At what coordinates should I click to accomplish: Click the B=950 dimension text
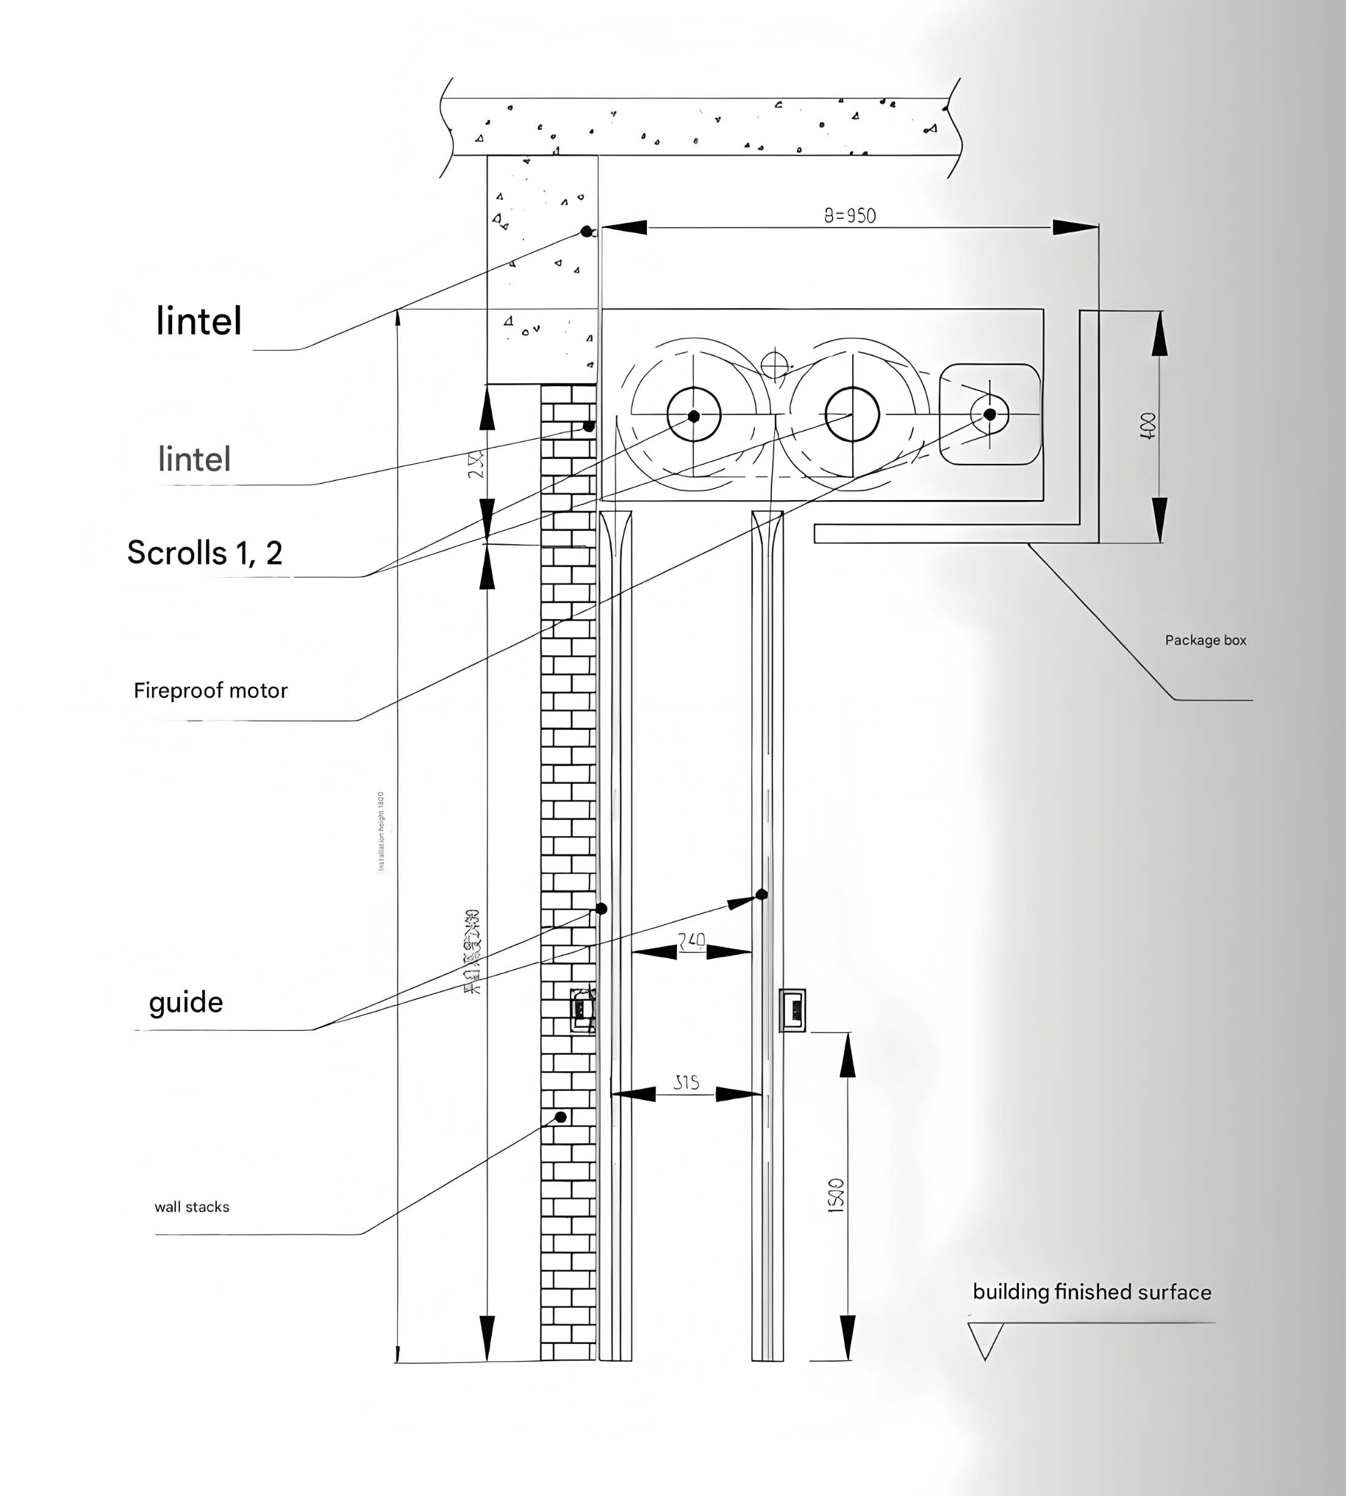tap(850, 215)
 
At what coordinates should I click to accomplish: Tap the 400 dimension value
tap(1148, 427)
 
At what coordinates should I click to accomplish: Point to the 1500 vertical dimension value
tap(835, 1196)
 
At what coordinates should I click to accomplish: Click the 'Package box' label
tap(1206, 640)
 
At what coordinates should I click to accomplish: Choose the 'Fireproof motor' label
tap(211, 690)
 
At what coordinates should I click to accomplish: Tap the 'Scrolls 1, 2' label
tap(205, 553)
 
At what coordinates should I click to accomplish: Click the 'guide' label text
tap(186, 1003)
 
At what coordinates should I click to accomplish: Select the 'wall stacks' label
tap(192, 1207)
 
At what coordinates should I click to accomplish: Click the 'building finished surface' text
tap(1092, 1292)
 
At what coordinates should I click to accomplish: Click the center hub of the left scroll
tap(694, 416)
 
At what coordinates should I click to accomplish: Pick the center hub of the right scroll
tap(852, 414)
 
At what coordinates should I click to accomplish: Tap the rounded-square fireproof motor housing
tap(989, 414)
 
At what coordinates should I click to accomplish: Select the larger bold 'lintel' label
tap(199, 321)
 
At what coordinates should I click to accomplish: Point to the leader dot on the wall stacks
tap(561, 1117)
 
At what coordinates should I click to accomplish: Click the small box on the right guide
tap(793, 1010)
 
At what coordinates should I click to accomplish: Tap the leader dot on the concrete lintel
tap(586, 232)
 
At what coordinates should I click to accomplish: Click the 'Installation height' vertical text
tap(382, 831)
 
